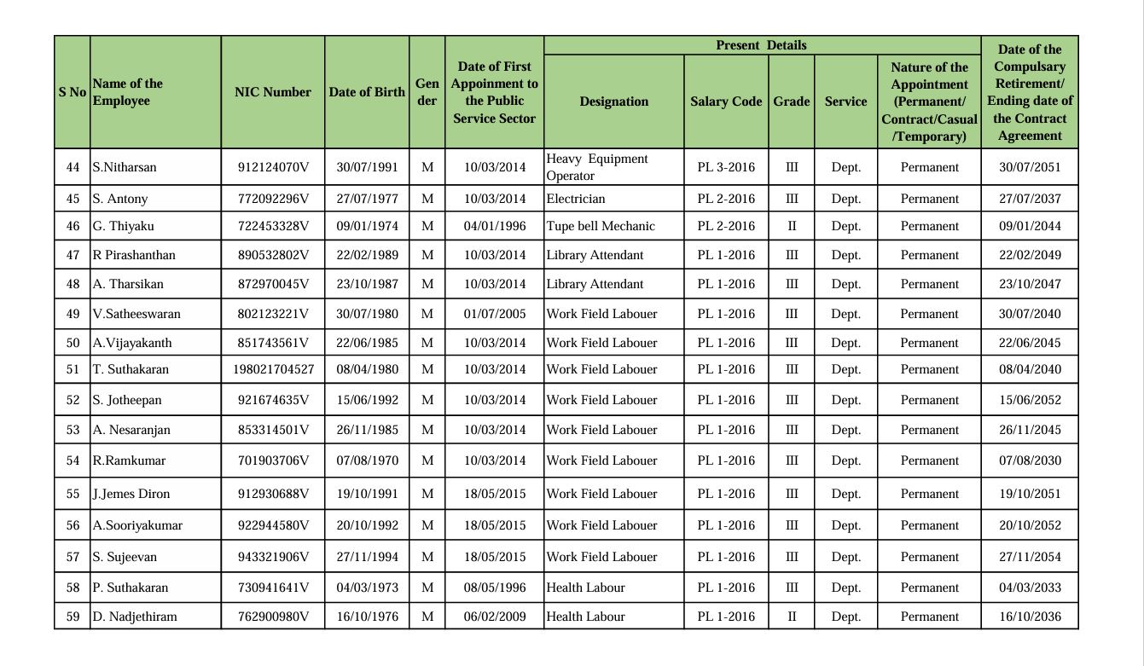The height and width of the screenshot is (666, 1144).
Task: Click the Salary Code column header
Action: coord(726,101)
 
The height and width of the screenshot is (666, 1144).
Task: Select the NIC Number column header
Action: coord(273,92)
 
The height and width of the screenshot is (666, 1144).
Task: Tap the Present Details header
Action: coord(761,45)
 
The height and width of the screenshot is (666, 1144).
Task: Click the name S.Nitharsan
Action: coord(125,167)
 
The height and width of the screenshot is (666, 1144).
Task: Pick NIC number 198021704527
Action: coord(273,369)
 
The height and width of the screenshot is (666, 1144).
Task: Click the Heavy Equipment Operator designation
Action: coord(597,167)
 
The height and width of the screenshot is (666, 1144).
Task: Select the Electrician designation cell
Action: coord(576,199)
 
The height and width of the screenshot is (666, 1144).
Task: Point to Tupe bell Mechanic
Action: coord(601,226)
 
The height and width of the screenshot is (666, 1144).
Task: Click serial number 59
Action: coord(73,617)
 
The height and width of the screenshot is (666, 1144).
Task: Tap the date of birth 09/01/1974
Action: coord(367,226)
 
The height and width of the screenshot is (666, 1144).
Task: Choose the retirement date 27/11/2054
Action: coord(1030,557)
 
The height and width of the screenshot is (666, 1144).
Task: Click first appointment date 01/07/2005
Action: coord(495,314)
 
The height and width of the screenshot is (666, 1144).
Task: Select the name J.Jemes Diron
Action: coord(131,494)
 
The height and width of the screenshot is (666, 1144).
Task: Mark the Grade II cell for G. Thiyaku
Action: coord(792,226)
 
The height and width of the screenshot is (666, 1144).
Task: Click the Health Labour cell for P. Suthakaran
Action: coord(586,588)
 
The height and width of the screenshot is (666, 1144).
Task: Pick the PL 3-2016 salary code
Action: coord(726,167)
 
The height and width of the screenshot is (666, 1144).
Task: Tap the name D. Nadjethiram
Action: coord(135,617)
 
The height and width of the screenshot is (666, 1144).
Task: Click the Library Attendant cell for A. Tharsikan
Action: coord(595,284)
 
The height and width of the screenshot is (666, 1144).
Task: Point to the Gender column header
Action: coord(427,92)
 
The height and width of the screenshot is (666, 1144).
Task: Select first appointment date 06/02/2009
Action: coord(495,617)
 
